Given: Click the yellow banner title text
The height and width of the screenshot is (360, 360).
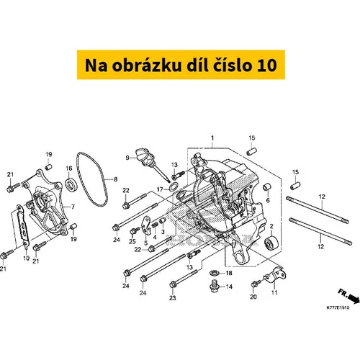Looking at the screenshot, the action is [181, 66].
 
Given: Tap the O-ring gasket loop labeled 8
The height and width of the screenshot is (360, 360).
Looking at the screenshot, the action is [91, 179].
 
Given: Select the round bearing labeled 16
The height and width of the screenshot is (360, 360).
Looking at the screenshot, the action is [71, 185].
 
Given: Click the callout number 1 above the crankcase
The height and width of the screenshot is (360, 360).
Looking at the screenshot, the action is [212, 138].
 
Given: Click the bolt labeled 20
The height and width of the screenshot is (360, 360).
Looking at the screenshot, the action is [256, 284].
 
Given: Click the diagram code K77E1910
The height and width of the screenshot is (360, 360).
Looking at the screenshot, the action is [338, 307].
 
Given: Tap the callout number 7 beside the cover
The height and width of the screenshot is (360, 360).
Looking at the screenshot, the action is [73, 207].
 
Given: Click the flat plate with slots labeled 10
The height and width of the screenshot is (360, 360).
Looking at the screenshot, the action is [23, 225].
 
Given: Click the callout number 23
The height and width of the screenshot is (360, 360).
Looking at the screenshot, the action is [173, 298].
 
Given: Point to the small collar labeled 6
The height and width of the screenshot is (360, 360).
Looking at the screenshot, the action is [267, 187].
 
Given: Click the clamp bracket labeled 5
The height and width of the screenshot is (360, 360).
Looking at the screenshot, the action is [147, 225].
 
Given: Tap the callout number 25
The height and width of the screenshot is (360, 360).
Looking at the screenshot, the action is [132, 241].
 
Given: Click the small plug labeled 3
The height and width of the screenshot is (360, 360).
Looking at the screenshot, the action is [162, 221].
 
